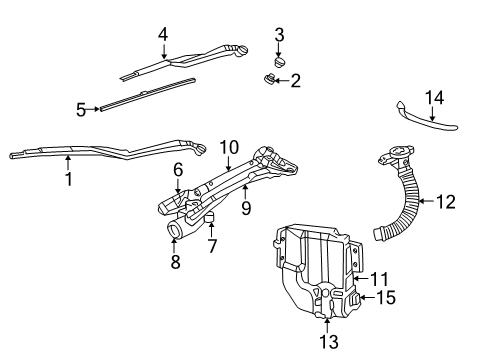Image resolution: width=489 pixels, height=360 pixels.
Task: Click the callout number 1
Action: (x=68, y=181)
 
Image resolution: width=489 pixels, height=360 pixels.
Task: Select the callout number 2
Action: (x=296, y=80)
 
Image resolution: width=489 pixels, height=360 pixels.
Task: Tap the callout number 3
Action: (x=280, y=37)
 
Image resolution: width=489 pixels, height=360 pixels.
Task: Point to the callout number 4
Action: (x=162, y=34)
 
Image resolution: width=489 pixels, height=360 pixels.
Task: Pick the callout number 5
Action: (x=81, y=109)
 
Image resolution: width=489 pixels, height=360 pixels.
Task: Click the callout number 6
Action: (x=177, y=169)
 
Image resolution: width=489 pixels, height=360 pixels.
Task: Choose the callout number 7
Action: (x=212, y=243)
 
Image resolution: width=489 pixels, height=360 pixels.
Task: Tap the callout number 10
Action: (x=228, y=147)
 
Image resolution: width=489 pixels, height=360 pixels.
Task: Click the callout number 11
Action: (x=379, y=279)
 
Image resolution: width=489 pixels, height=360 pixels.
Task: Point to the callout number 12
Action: (x=445, y=202)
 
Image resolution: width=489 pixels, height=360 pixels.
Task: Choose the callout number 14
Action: (x=432, y=97)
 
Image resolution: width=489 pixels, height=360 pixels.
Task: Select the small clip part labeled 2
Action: (x=270, y=80)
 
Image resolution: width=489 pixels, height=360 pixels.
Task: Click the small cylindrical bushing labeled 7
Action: (x=212, y=219)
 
